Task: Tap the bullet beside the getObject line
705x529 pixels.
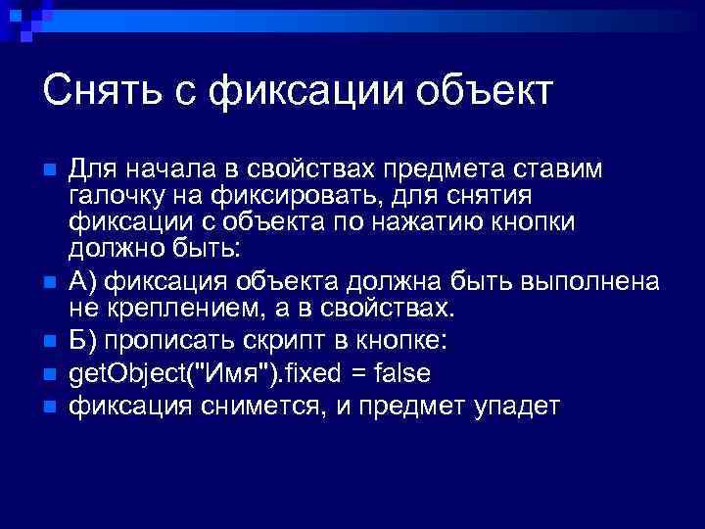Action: pos(50,374)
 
